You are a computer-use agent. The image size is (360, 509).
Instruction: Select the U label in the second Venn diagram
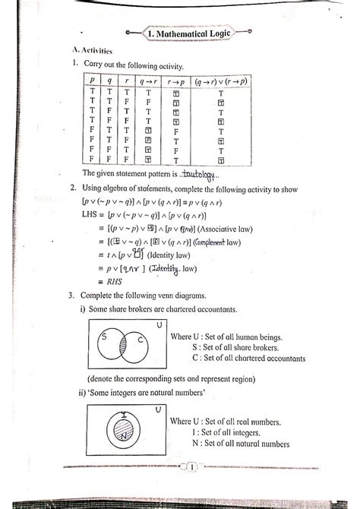click(x=158, y=409)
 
